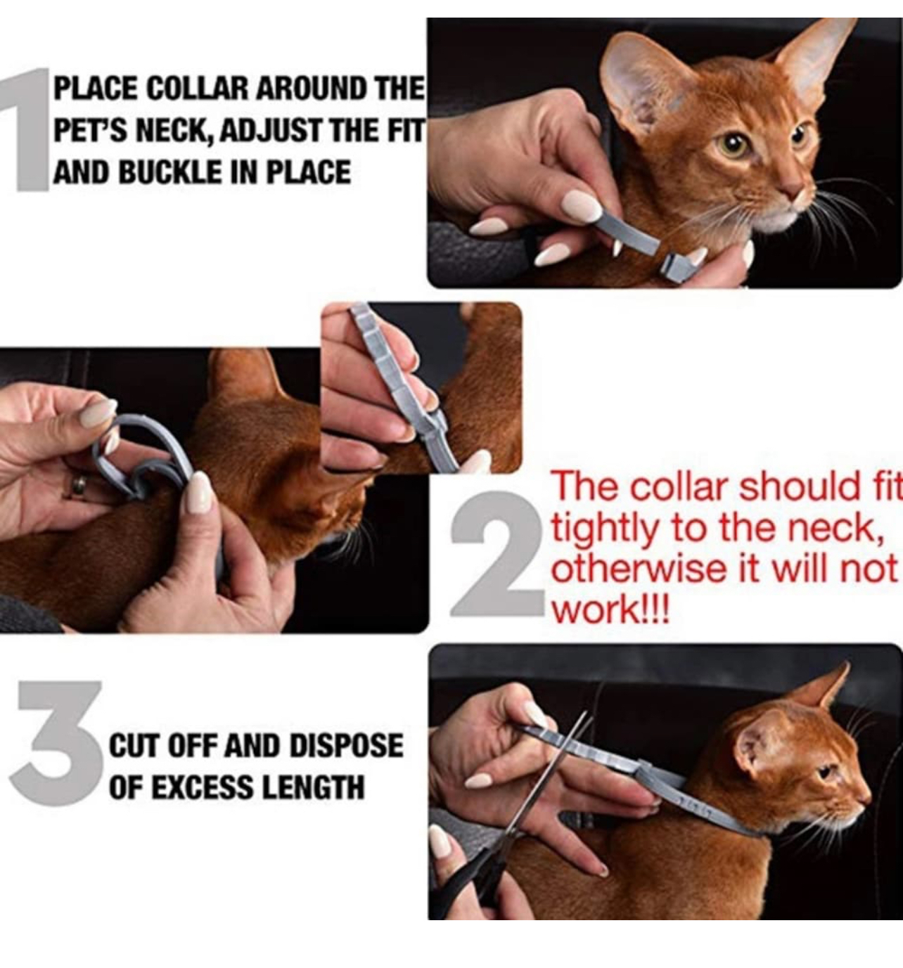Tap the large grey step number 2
(498, 554)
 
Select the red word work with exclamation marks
(610, 609)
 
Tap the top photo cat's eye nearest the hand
(732, 145)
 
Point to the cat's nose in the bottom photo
(866, 799)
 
